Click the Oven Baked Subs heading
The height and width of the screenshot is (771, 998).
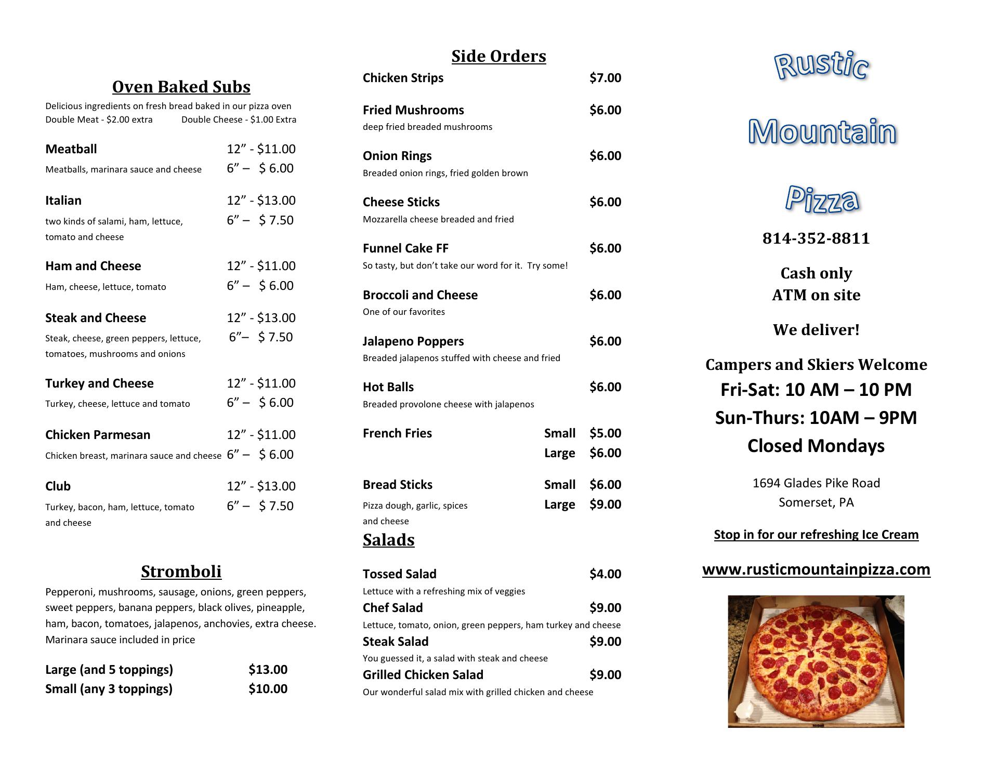click(x=181, y=87)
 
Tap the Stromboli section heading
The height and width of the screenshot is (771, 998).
click(x=181, y=571)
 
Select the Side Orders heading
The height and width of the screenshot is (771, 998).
click(x=498, y=56)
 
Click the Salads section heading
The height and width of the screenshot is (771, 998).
click(x=388, y=540)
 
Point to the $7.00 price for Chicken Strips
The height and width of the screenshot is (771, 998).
click(x=605, y=78)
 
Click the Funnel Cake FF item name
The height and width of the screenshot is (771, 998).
click(x=405, y=248)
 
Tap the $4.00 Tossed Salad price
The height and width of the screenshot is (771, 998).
click(x=605, y=574)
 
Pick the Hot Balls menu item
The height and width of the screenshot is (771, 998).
click(x=388, y=387)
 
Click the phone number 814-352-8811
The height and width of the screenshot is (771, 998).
click(x=816, y=238)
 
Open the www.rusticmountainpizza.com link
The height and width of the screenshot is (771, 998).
click(x=816, y=569)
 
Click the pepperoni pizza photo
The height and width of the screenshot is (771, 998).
click(x=816, y=661)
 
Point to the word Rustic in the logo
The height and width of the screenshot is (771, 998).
click(x=821, y=67)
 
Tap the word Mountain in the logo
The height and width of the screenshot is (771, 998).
click(x=822, y=132)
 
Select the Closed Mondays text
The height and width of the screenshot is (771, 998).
click(x=816, y=446)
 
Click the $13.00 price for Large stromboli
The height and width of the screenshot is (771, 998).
click(x=268, y=670)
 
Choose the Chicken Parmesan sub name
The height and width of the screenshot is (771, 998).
click(x=98, y=435)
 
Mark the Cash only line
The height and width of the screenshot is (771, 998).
click(x=816, y=273)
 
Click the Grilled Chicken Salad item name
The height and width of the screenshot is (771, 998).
click(x=423, y=675)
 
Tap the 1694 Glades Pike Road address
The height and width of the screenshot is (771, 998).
click(x=816, y=483)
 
